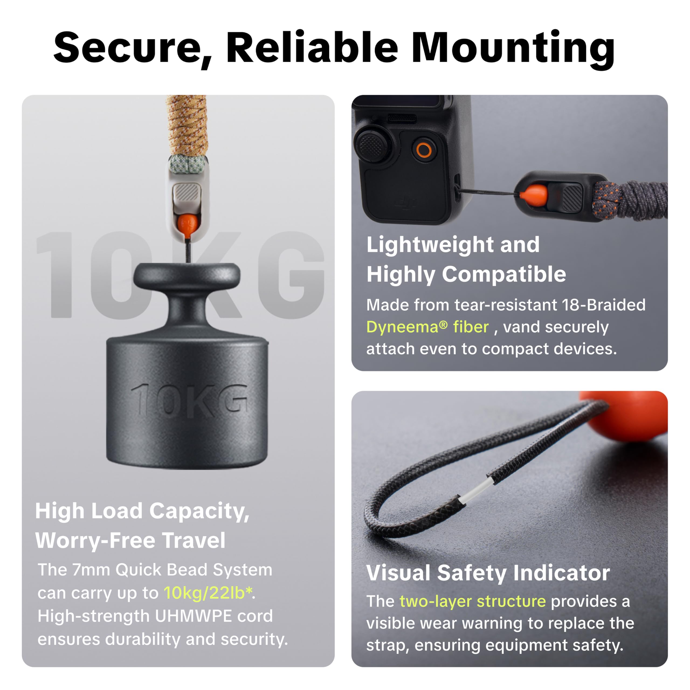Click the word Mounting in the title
513,48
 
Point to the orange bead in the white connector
187,223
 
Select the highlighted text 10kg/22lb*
208,593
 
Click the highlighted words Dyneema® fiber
427,327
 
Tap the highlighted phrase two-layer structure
472,601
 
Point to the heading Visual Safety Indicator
488,572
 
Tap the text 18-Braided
603,305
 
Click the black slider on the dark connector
572,198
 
